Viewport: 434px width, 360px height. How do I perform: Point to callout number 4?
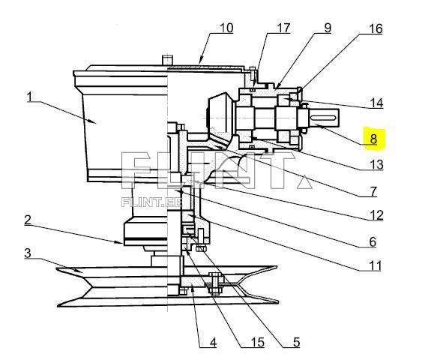point(213,342)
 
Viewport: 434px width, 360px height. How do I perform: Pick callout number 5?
point(295,342)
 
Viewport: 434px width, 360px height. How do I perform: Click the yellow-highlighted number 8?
point(373,138)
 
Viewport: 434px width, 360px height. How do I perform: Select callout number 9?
point(328,28)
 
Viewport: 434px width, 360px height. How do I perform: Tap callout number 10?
point(226,28)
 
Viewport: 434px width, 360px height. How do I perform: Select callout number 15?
point(257,342)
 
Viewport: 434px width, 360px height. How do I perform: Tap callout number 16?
point(375,28)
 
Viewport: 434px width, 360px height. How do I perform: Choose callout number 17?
point(283,28)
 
